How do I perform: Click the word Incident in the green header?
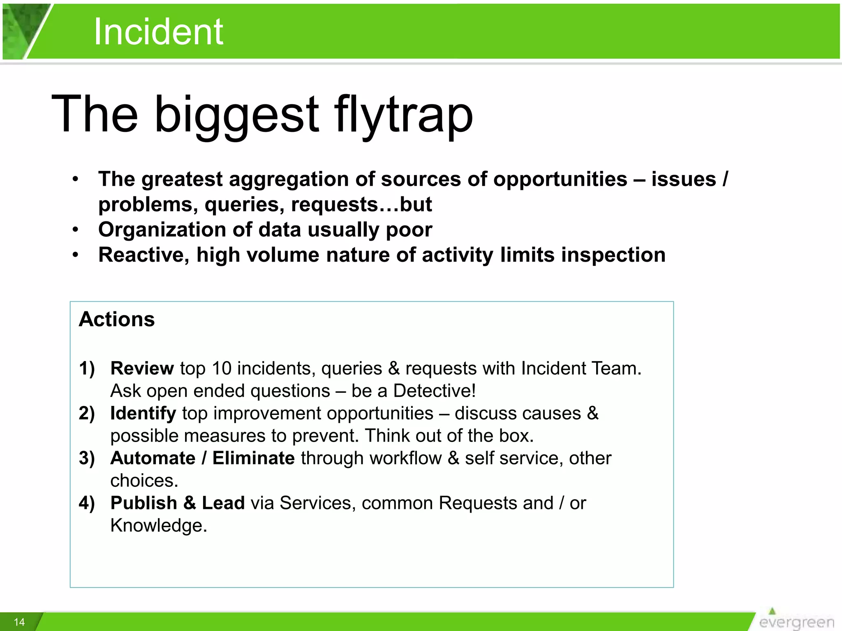pos(158,32)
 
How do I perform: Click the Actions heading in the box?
pos(117,319)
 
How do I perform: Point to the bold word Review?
pos(142,368)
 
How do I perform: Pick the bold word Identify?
pos(143,413)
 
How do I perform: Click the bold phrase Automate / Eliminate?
pos(202,458)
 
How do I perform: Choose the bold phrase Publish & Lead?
pos(178,503)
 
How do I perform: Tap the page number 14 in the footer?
pos(19,622)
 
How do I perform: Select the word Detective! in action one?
pos(434,391)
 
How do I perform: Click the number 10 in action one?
pos(222,368)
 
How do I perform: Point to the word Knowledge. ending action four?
pos(159,525)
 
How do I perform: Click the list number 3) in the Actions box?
pos(87,458)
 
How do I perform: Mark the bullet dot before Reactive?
pos(75,255)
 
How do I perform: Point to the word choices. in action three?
pos(144,481)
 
